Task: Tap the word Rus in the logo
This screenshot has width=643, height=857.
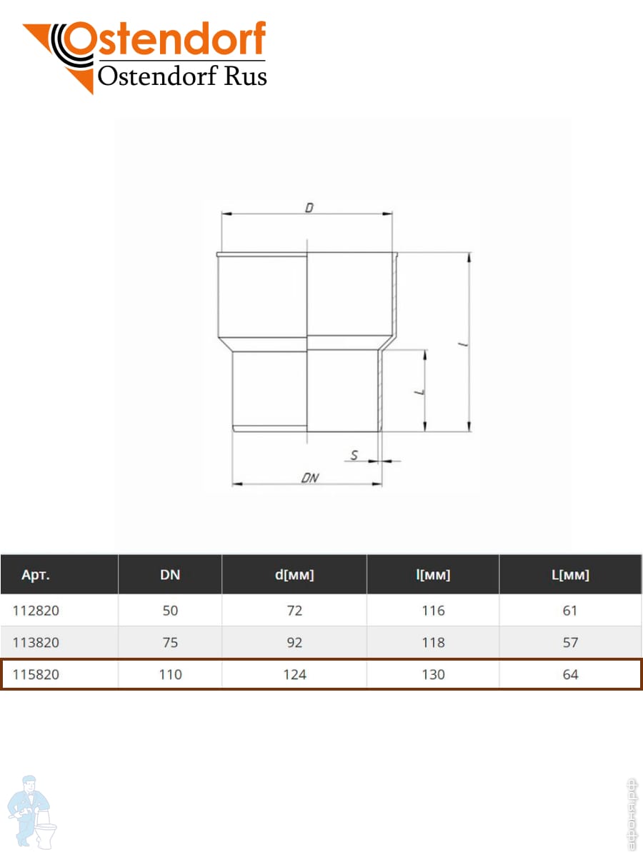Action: [x=245, y=76]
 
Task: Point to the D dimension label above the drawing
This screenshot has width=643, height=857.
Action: [x=309, y=208]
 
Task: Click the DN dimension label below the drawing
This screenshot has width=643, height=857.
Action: [x=310, y=478]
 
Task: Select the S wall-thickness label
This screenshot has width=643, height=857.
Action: [x=354, y=455]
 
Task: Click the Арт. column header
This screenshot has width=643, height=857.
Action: [x=36, y=575]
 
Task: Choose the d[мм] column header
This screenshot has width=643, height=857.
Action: [x=294, y=575]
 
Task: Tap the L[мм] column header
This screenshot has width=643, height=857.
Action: [x=570, y=575]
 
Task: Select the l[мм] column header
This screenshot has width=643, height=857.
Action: [x=433, y=575]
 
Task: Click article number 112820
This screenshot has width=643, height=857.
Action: [x=36, y=611]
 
